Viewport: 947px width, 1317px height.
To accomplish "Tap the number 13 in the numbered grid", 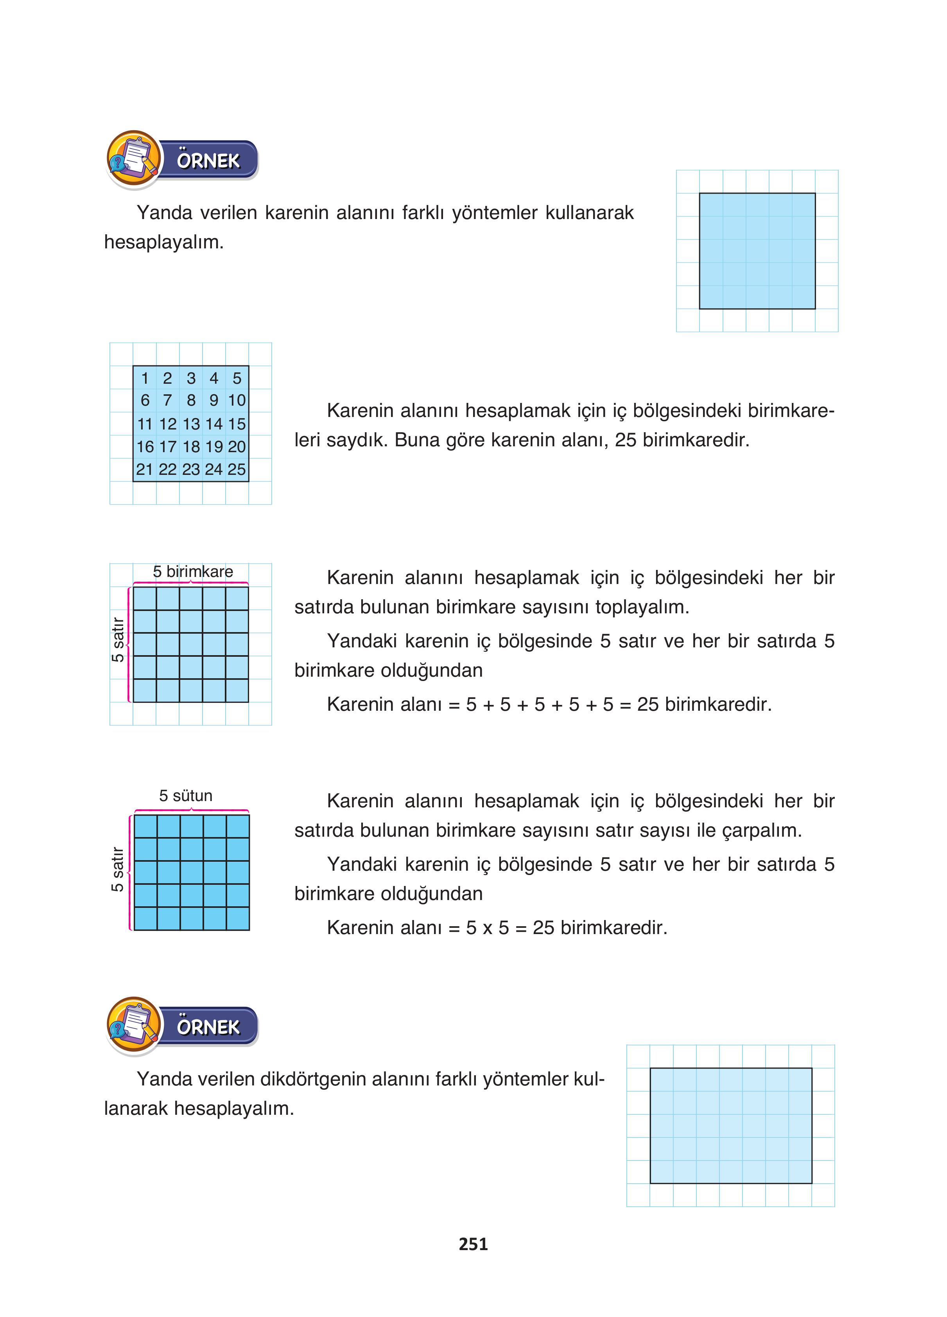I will [x=191, y=424].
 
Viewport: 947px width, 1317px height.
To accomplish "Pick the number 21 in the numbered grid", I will [x=145, y=469].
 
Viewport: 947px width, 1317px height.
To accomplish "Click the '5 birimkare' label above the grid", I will [x=193, y=572].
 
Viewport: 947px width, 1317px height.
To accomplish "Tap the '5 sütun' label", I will [x=186, y=796].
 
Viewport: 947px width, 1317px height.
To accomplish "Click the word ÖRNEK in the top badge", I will [x=208, y=161].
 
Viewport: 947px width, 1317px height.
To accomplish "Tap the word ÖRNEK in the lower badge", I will [x=208, y=1027].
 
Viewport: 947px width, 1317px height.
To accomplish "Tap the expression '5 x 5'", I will [x=487, y=928].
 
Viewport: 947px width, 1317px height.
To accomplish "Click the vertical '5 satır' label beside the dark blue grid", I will [x=118, y=869].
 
